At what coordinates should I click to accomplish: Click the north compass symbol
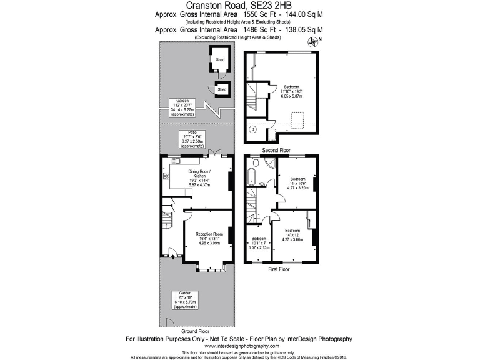(313, 42)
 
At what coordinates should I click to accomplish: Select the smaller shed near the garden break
(222, 89)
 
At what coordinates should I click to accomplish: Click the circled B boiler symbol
(253, 130)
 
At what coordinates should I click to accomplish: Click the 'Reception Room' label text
(209, 234)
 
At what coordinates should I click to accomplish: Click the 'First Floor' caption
(279, 269)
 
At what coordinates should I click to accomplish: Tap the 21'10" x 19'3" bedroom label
(291, 87)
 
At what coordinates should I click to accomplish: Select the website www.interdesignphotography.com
(239, 346)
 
